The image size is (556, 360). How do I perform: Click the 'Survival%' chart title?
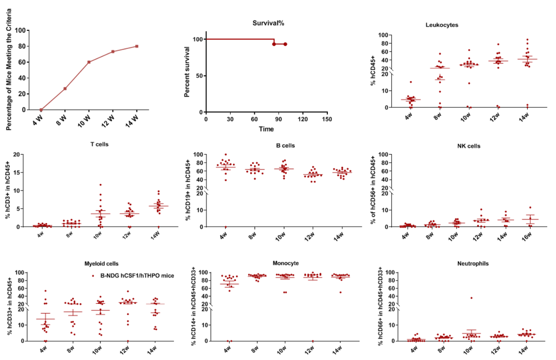click(x=268, y=23)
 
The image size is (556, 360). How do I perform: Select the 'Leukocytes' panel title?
click(x=442, y=24)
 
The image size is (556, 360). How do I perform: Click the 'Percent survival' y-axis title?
click(x=188, y=76)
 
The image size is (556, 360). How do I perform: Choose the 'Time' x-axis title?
click(x=266, y=129)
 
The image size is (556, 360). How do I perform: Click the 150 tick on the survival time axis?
click(x=326, y=119)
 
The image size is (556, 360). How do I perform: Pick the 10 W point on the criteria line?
click(x=89, y=62)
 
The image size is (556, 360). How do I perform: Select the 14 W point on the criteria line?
click(x=137, y=46)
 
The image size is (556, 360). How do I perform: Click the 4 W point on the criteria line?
click(x=41, y=110)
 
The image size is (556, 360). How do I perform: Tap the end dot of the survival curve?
click(x=285, y=44)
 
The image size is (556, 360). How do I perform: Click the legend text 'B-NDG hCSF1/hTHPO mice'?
click(x=137, y=276)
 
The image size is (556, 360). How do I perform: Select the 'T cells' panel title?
click(x=99, y=145)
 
